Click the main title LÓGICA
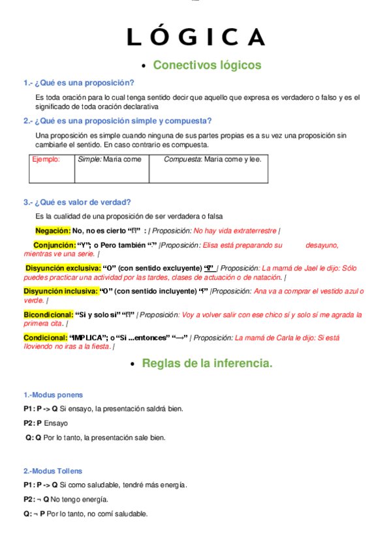pos(196,37)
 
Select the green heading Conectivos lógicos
pos(207,65)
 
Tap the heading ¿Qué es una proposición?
pos(79,83)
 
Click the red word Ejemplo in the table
pos(46,159)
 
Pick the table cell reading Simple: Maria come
pos(109,159)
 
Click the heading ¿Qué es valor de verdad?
pos(77,202)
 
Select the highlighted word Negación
pos(53,230)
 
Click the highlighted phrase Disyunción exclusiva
pos(63,268)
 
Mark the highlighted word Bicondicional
pos(48,314)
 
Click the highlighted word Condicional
pos(44,338)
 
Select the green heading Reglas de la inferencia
pos(207,363)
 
